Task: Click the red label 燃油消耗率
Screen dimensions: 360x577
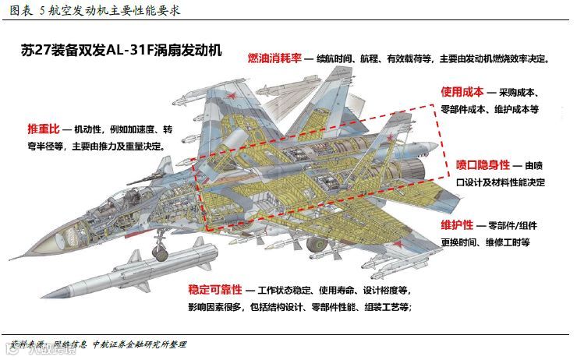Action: pos(274,58)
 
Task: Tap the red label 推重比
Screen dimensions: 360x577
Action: pos(44,128)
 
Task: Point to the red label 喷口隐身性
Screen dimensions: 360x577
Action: pos(483,165)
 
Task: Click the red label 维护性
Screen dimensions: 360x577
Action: pos(457,225)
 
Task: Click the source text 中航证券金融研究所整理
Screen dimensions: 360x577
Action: pos(139,344)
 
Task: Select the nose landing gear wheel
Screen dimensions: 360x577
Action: pos(160,254)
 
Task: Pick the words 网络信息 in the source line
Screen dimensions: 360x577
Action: pos(69,344)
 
